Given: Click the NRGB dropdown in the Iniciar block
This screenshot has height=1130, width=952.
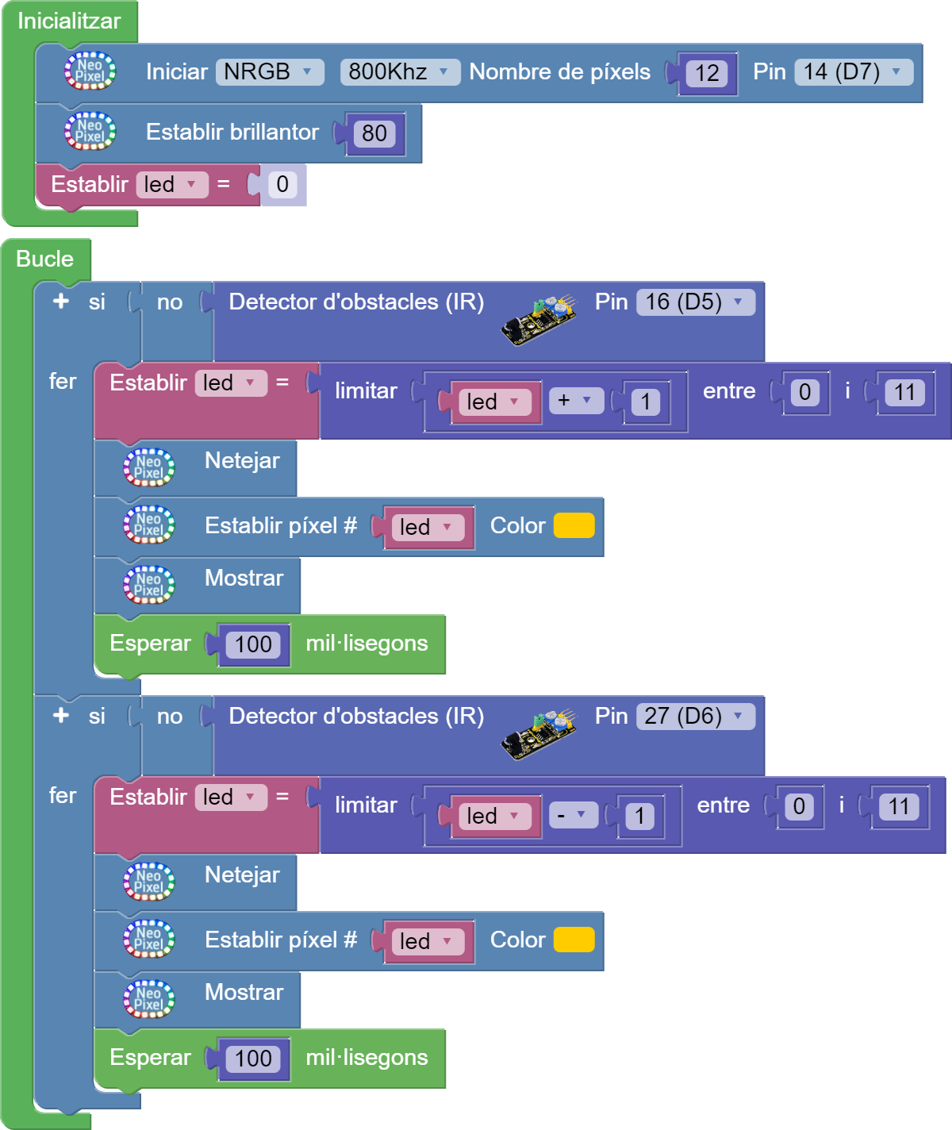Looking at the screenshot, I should [x=270, y=72].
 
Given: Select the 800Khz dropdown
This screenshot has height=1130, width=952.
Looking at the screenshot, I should [x=399, y=72].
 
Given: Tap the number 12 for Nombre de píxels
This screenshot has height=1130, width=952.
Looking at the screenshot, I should [x=707, y=74].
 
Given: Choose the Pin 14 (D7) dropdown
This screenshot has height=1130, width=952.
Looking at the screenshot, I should [x=853, y=72].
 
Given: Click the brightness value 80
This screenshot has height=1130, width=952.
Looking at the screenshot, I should [x=374, y=133].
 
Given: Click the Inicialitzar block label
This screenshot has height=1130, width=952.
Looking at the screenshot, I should [x=69, y=21].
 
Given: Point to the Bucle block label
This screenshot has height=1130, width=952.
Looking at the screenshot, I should [x=44, y=259].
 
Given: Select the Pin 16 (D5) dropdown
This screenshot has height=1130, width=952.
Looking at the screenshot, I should [x=695, y=302].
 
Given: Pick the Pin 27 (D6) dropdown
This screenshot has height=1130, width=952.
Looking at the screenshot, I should [x=695, y=717].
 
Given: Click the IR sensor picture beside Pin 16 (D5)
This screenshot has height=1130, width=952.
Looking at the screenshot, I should [x=539, y=320].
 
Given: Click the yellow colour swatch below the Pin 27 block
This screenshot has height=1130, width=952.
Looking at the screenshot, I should [x=574, y=940].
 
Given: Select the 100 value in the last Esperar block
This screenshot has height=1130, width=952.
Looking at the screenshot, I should [x=253, y=1059].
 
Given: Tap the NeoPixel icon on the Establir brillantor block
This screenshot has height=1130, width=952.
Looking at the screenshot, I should [x=90, y=132].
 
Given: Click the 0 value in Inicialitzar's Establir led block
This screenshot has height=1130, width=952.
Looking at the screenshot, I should [x=282, y=185].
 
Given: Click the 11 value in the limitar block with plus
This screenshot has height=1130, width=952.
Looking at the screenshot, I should [x=904, y=392].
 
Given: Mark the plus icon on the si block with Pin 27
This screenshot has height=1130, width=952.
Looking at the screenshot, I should [x=61, y=716].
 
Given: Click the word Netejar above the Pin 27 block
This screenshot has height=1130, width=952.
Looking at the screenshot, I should [x=242, y=461].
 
